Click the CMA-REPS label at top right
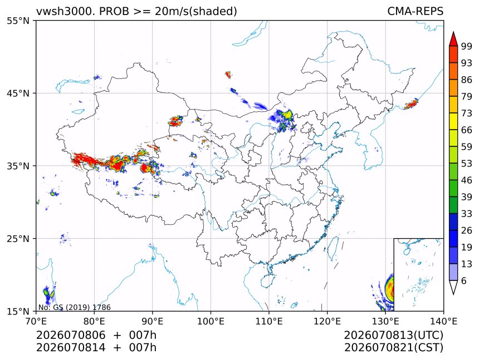pyautogui.click(x=415, y=11)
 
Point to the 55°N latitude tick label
pyautogui.click(x=18, y=21)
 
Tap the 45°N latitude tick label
pyautogui.click(x=18, y=93)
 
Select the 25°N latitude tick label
pyautogui.click(x=18, y=238)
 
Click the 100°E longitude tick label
pyautogui.click(x=211, y=321)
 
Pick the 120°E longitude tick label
pyautogui.click(x=327, y=321)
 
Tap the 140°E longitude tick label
pyautogui.click(x=443, y=321)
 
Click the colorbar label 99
pyautogui.click(x=467, y=46)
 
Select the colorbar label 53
pyautogui.click(x=467, y=164)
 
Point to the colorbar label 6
pyautogui.click(x=464, y=280)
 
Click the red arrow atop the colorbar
pyautogui.click(x=453, y=39)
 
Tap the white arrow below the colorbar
pyautogui.click(x=453, y=287)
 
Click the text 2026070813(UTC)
pyautogui.click(x=393, y=335)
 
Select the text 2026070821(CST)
pyautogui.click(x=393, y=348)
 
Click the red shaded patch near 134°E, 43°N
pyautogui.click(x=411, y=104)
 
